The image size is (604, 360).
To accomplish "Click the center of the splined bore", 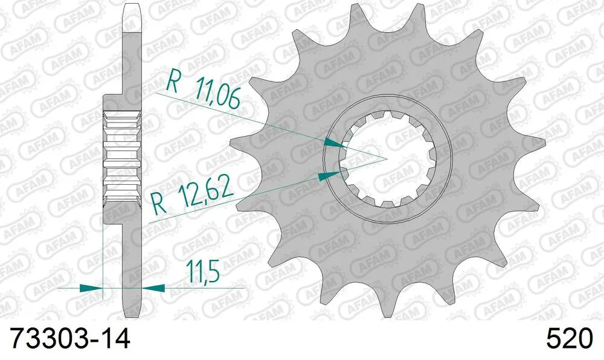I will click(x=386, y=158).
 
